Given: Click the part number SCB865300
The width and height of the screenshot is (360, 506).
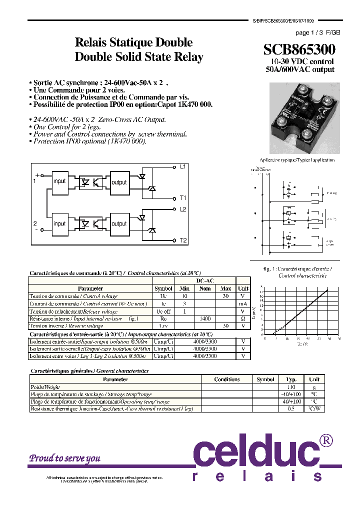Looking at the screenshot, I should pyautogui.click(x=299, y=49).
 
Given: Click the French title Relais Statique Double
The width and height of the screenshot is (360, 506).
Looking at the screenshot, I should pyautogui.click(x=133, y=42).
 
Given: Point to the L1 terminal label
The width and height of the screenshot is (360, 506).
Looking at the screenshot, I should pyautogui.click(x=183, y=166).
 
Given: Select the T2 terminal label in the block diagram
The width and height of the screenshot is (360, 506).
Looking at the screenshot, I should pyautogui.click(x=183, y=240).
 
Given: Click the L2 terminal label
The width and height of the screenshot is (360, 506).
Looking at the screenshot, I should pyautogui.click(x=183, y=209).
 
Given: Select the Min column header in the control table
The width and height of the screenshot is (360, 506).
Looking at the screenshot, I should pyautogui.click(x=184, y=288).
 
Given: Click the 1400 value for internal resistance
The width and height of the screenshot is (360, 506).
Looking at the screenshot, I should pyautogui.click(x=204, y=318).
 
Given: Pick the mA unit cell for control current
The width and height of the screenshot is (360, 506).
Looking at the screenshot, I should pyautogui.click(x=243, y=303).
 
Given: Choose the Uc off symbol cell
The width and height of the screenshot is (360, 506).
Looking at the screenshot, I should pyautogui.click(x=163, y=311).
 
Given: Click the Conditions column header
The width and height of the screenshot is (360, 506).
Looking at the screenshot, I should pyautogui.click(x=226, y=379).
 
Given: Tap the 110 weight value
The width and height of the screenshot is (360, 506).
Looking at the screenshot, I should pyautogui.click(x=291, y=387).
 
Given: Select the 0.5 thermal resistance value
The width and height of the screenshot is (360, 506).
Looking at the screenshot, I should pyautogui.click(x=291, y=408).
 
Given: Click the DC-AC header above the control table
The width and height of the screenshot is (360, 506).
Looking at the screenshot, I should pyautogui.click(x=205, y=281).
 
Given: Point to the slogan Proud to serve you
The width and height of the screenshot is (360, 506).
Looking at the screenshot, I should pyautogui.click(x=64, y=458).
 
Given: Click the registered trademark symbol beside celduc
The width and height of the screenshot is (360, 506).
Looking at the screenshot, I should pyautogui.click(x=326, y=440).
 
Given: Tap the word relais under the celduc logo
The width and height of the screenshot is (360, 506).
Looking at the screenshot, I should pyautogui.click(x=258, y=477).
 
